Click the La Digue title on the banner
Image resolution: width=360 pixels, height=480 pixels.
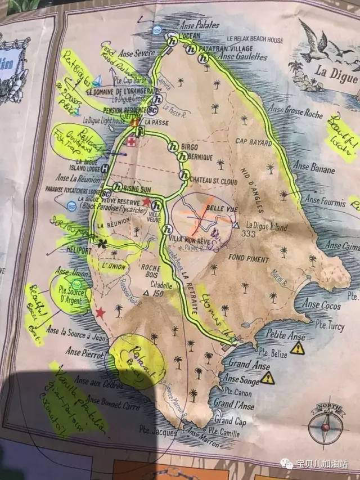click(335, 71)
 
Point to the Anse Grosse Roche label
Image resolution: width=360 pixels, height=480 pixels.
click(296, 112)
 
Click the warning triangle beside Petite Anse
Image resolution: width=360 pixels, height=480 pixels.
click(297, 348)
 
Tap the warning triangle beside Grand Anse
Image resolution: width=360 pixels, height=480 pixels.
click(268, 378)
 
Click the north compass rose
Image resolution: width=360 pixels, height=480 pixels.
click(325, 425)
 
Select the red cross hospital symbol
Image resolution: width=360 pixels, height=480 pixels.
click(131, 142)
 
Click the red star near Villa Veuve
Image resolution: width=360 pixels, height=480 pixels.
click(147, 201)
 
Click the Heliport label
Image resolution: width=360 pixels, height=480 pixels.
click(78, 245)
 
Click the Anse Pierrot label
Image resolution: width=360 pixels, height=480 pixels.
click(84, 355)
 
